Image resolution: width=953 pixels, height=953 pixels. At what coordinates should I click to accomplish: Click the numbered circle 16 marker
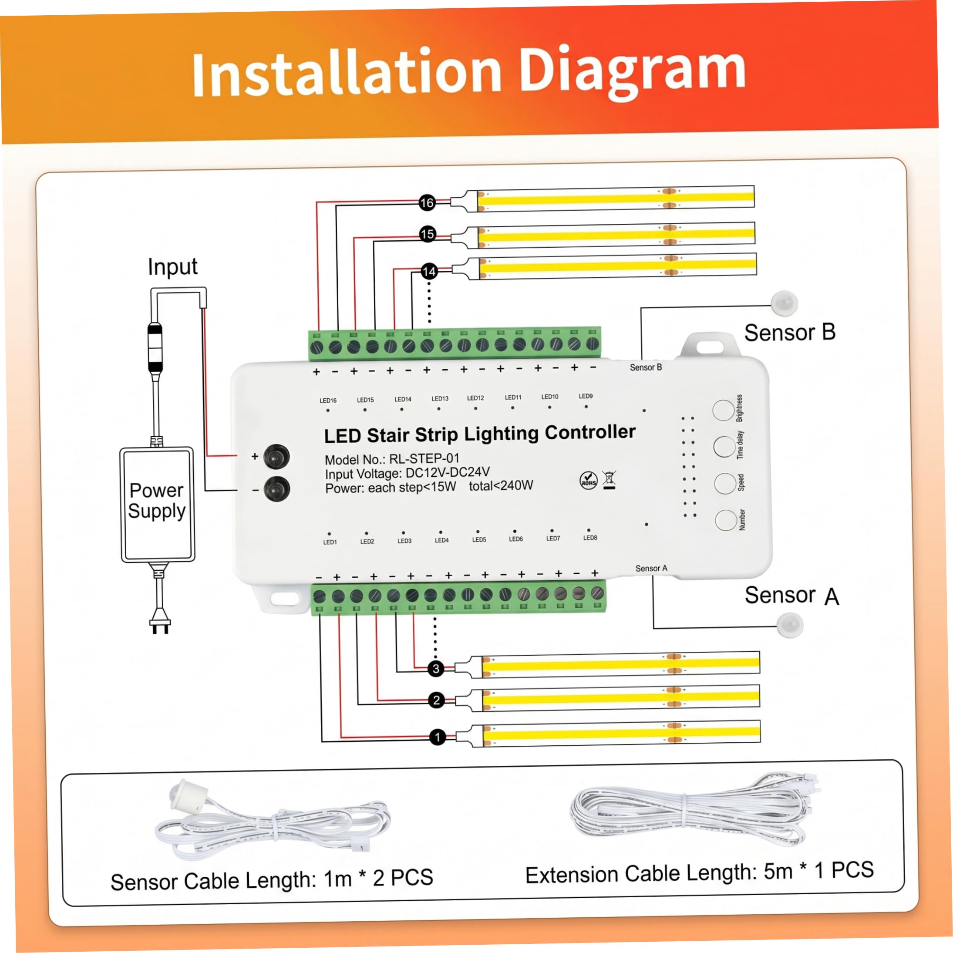(427, 203)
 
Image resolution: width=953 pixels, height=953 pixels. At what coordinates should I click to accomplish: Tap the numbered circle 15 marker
(428, 234)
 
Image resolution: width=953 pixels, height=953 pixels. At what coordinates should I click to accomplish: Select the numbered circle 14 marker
(429, 272)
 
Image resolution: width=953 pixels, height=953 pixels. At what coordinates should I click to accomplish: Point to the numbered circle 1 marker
(438, 737)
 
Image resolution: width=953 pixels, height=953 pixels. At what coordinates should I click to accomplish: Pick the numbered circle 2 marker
(437, 700)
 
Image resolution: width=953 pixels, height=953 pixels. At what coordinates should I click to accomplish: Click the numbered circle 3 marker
(435, 669)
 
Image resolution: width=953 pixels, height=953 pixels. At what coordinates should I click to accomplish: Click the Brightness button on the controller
(724, 411)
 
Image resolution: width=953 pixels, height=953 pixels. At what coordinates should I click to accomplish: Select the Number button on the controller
(726, 520)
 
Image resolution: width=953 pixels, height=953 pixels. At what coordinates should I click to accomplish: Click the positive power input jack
(277, 457)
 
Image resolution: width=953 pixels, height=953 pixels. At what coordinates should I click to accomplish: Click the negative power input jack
(277, 489)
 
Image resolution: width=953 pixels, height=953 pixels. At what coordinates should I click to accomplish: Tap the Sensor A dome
(790, 625)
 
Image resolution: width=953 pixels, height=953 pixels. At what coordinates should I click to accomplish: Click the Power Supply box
(157, 505)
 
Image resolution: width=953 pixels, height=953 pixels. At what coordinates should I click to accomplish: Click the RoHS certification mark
(589, 480)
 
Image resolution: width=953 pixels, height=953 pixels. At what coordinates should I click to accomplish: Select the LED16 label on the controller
(328, 401)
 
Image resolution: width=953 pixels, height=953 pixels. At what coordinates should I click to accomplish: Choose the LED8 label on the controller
(590, 538)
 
